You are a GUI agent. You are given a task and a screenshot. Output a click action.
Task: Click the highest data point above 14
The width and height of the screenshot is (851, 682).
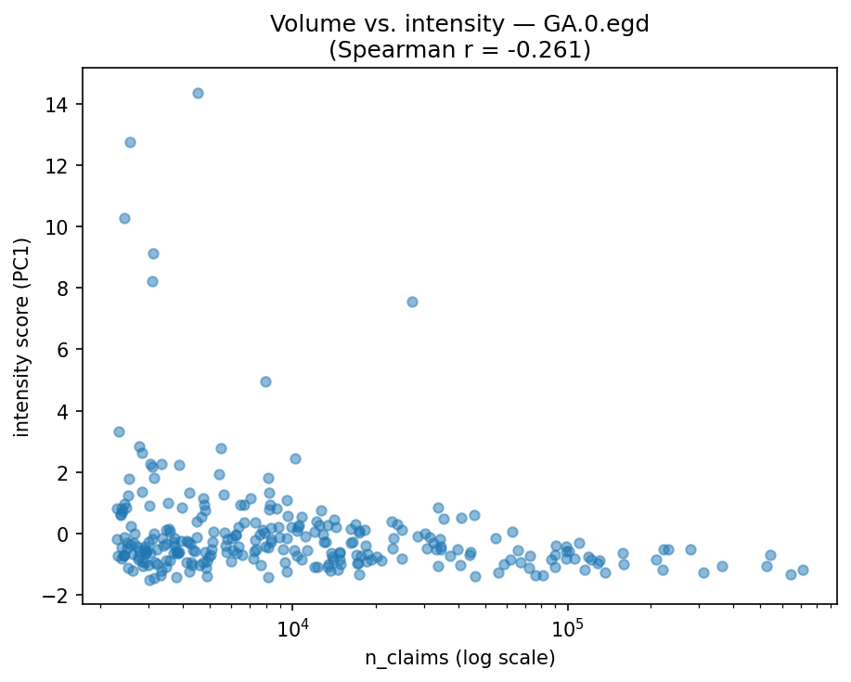tap(198, 93)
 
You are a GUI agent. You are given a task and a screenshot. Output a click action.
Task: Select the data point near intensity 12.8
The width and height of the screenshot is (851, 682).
tap(130, 142)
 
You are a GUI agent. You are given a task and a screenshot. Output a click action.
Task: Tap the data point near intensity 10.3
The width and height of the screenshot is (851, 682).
tap(124, 218)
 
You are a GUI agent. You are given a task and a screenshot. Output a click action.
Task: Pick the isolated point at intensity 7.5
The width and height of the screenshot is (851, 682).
tap(412, 302)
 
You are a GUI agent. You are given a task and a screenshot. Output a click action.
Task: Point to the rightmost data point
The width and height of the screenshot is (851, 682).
tap(803, 570)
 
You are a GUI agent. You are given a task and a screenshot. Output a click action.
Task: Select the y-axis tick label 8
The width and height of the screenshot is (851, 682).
tap(67, 288)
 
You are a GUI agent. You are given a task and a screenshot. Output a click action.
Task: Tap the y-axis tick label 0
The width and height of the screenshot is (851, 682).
tap(67, 534)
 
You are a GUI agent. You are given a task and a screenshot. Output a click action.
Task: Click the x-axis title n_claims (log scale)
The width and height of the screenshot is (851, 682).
tap(459, 659)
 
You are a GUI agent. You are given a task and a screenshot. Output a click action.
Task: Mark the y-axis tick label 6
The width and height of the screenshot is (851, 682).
tap(67, 349)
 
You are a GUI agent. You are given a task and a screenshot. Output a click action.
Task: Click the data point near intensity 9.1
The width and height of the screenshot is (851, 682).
tap(153, 253)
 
